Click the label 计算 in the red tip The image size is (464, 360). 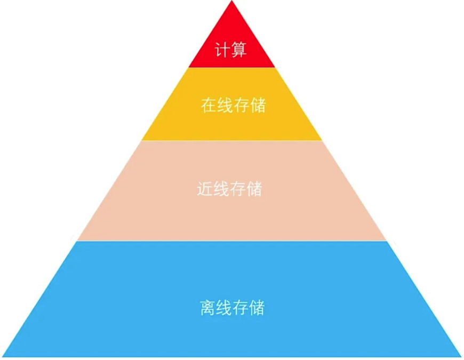(231, 51)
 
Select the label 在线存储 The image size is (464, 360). (233, 105)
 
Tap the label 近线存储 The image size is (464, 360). (230, 189)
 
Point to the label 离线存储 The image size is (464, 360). (233, 308)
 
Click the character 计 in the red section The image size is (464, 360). (223, 51)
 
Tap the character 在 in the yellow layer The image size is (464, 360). (209, 105)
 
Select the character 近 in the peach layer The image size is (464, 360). (205, 189)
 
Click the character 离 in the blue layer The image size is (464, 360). (208, 308)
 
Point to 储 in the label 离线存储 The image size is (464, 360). (257, 308)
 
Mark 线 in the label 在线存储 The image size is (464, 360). (225, 105)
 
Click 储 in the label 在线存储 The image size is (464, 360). (258, 105)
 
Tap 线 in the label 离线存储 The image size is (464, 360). (225, 308)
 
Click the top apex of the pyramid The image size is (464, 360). (231, 1)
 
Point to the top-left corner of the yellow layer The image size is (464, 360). (188, 68)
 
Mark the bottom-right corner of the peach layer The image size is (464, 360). (387, 241)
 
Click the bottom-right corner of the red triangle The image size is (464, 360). (275, 67)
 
